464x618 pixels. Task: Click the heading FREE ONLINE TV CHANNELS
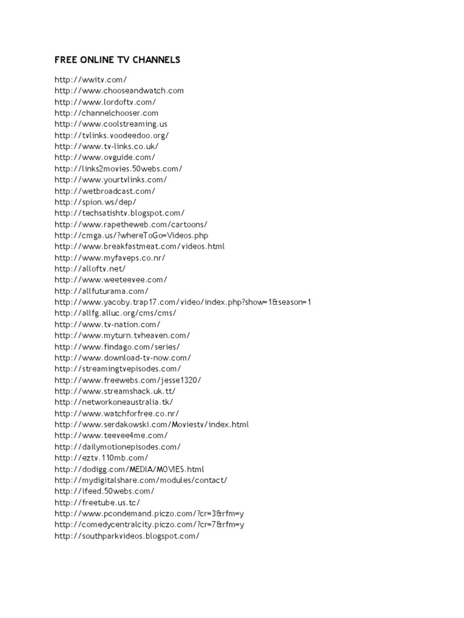point(117,60)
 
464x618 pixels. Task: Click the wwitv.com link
point(91,79)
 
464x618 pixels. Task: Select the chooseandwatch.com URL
point(119,91)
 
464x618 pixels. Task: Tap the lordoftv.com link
point(105,101)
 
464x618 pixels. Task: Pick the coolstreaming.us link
point(115,124)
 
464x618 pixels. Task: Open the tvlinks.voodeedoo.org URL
point(112,135)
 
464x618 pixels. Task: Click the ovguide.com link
point(105,158)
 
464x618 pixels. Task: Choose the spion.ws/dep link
point(95,202)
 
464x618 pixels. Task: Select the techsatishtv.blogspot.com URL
point(120,213)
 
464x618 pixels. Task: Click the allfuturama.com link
point(101,291)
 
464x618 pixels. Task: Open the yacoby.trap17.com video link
point(183,302)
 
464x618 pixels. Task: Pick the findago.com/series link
point(117,346)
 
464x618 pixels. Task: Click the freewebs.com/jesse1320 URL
point(127,380)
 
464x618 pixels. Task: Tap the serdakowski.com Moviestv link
point(151,424)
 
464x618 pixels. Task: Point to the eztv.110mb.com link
point(101,457)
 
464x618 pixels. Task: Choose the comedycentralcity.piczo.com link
point(149,524)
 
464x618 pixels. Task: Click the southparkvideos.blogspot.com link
point(127,536)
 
